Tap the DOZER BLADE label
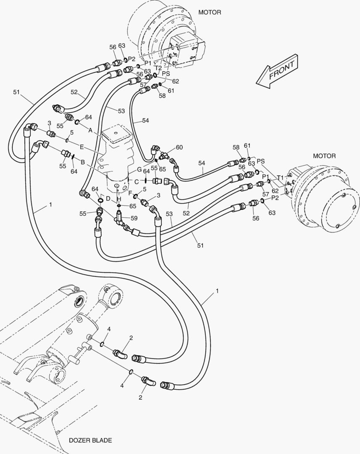[90, 441]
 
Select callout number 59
[134, 218]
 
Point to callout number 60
[179, 147]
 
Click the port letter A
[90, 130]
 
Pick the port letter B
[83, 162]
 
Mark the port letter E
[82, 147]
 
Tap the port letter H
[119, 199]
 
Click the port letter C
[136, 181]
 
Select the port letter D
[108, 198]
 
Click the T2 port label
[158, 68]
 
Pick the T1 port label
[280, 177]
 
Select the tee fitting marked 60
[165, 154]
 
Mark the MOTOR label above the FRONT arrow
[210, 13]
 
